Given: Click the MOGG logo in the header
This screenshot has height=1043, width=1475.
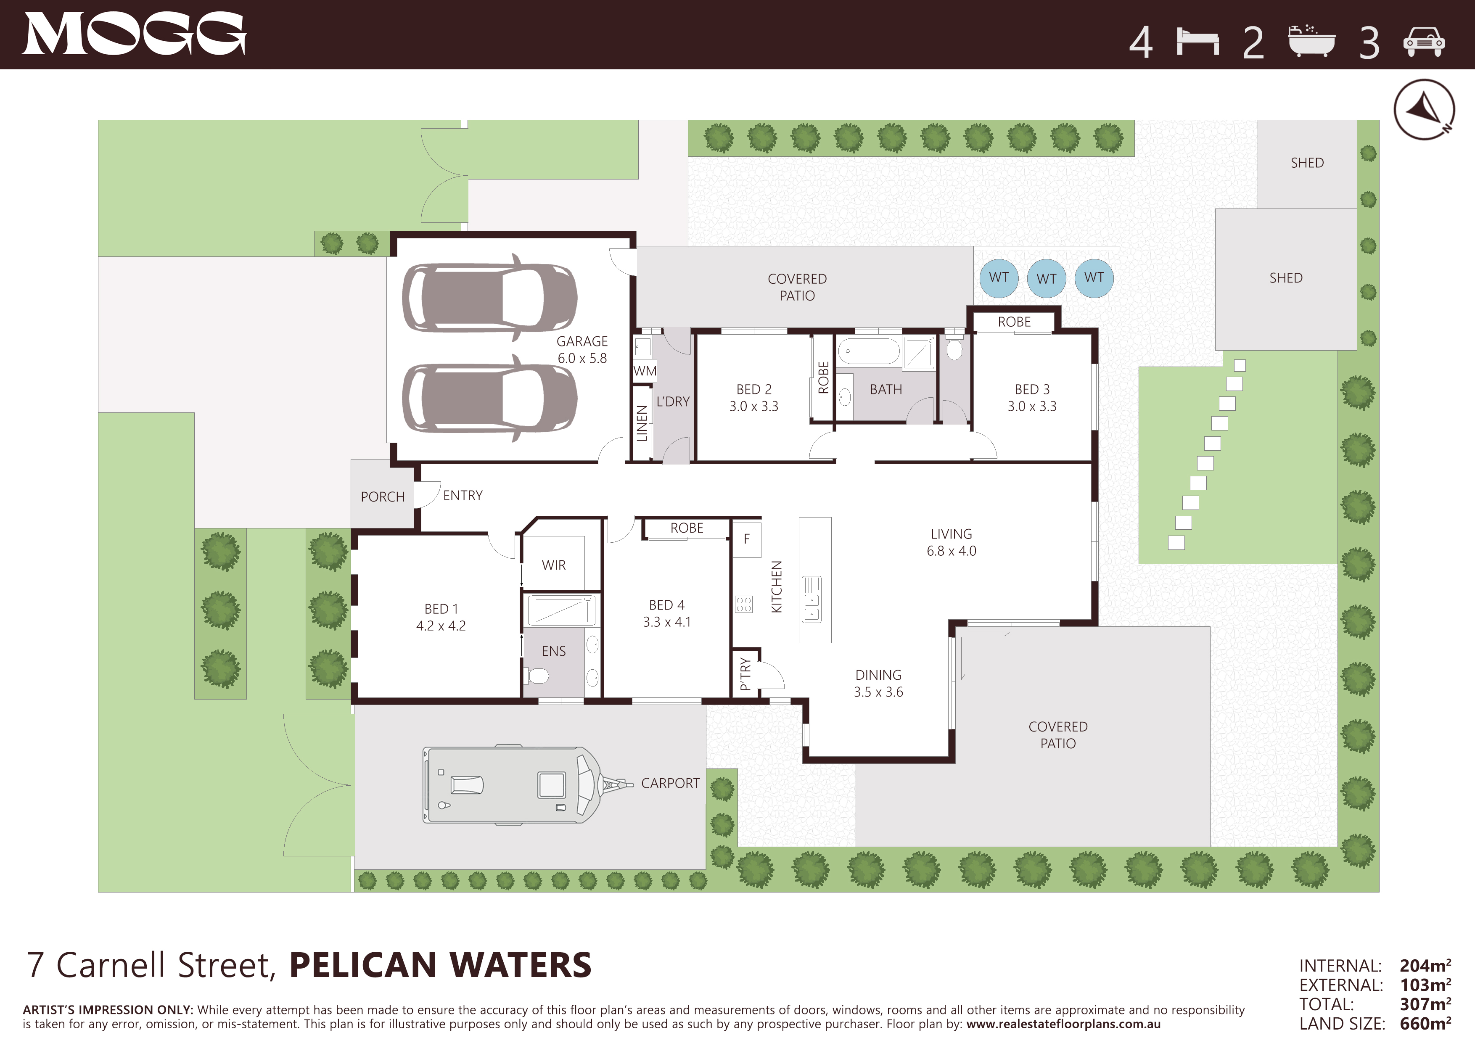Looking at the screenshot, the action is tap(134, 34).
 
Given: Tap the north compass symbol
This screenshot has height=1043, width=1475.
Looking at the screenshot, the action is tap(1424, 109).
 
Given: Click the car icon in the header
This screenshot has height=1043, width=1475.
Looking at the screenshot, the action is tap(1424, 42).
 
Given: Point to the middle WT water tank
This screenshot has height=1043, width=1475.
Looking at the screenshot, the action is tap(1047, 278).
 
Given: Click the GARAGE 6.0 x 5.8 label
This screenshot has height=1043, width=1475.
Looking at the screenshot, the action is tap(582, 349).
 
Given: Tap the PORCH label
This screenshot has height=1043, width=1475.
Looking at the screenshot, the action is tap(383, 496).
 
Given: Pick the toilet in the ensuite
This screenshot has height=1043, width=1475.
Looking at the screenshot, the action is tap(537, 676).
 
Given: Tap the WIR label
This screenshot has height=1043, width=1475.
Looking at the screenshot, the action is tap(554, 565).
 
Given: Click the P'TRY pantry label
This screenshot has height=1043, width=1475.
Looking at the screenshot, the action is tap(745, 673).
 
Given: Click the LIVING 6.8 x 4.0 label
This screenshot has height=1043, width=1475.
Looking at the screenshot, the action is tap(952, 542).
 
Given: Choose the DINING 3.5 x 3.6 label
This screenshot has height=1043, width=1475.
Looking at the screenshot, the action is tap(878, 683).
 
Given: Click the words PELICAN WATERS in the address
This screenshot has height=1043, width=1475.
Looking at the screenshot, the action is tap(441, 965).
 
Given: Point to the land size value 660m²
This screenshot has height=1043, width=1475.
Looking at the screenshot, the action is tap(1425, 1023).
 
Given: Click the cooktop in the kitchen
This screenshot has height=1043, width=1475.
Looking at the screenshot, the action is tap(744, 605).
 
